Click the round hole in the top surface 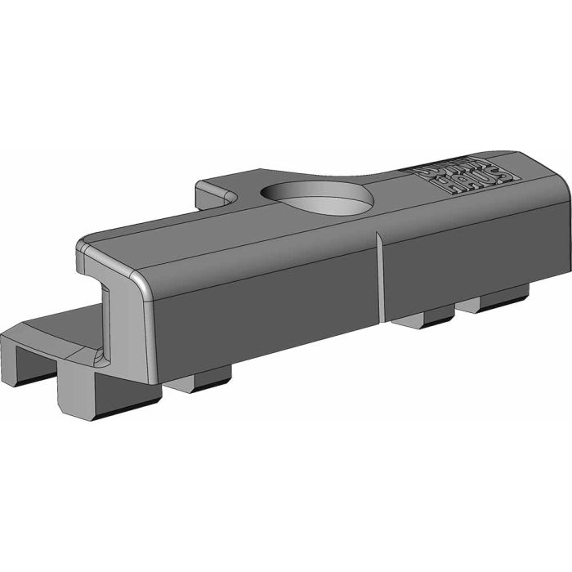(317, 197)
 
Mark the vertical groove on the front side (380, 278)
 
